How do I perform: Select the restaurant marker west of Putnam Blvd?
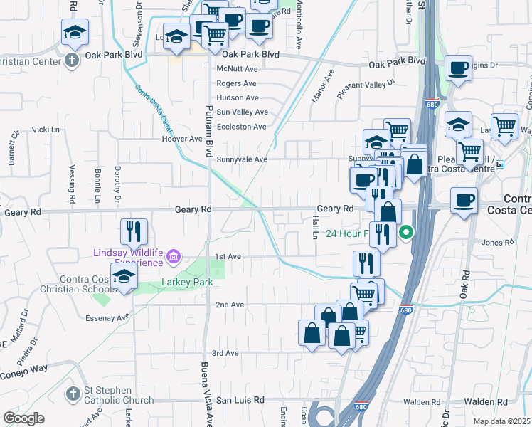134,231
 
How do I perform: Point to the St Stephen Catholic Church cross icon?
72,394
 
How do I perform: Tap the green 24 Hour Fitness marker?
406,232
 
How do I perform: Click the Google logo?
24,418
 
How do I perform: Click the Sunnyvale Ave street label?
242,159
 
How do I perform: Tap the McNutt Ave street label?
237,69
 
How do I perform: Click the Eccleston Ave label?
241,127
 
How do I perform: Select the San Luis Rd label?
240,400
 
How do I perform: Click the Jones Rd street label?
492,243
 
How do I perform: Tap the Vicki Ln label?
46,130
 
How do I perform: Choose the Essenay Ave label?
109,317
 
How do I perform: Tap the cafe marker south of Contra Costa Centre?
464,200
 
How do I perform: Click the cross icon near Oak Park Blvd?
72,60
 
